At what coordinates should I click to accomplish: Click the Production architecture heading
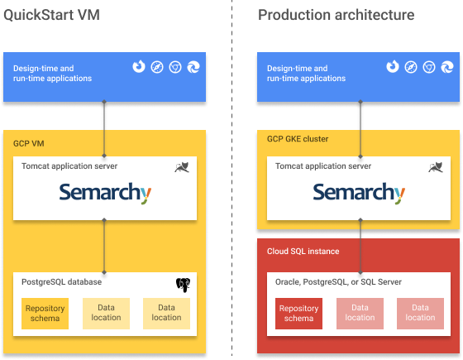pos(336,15)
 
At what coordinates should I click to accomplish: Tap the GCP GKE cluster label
pos(298,139)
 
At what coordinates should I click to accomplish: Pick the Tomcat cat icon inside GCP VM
pos(184,168)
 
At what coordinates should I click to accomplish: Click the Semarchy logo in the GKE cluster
pos(360,194)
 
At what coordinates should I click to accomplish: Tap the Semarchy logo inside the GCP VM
pos(105,194)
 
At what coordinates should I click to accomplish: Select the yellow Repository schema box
pos(45,313)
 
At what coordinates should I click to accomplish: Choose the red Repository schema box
pos(298,313)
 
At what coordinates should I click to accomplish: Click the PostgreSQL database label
pos(63,282)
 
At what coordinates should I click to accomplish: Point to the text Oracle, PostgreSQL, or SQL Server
pos(338,282)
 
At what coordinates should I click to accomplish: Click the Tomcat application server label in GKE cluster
pos(323,166)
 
